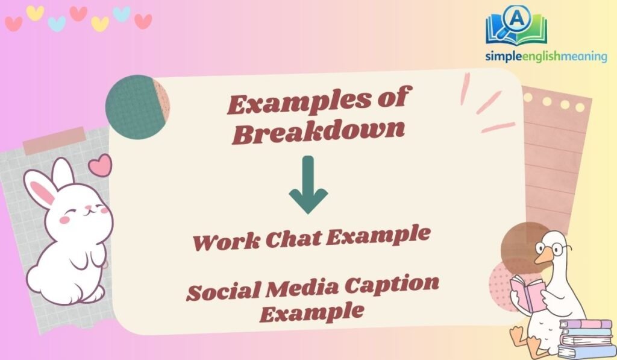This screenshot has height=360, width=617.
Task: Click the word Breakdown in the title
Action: pyautogui.click(x=318, y=132)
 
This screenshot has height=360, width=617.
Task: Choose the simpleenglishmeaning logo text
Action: pyautogui.click(x=546, y=57)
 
